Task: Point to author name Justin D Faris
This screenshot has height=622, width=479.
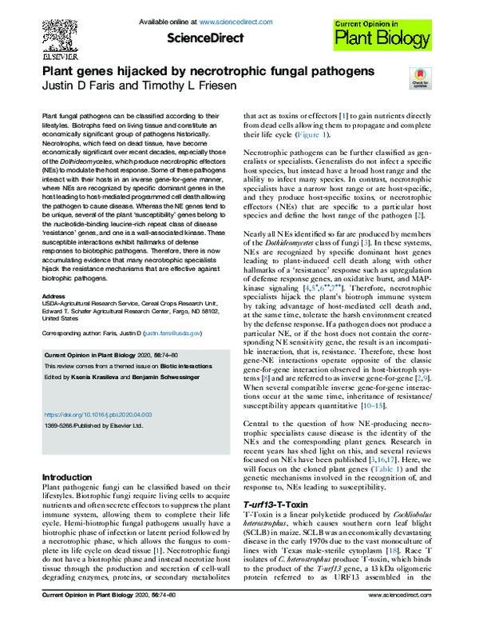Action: click(73, 87)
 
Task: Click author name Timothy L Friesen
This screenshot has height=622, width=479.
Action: click(177, 87)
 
